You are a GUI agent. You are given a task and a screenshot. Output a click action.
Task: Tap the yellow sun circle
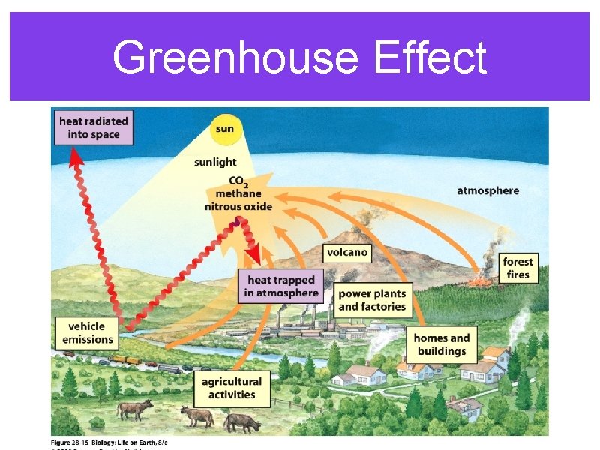[x=224, y=129]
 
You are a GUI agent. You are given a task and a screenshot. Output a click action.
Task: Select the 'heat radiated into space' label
[x=94, y=127]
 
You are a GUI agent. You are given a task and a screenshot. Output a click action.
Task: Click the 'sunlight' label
[x=215, y=162]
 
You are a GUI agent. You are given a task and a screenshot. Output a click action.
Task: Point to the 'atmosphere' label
[x=487, y=190]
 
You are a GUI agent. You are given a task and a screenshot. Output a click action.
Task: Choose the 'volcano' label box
[x=347, y=252]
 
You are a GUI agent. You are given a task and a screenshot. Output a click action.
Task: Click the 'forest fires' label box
[x=517, y=268]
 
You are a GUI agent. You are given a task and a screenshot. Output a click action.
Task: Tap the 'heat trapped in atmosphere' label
[x=281, y=286]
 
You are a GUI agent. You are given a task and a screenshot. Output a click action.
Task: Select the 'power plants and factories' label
[x=372, y=300]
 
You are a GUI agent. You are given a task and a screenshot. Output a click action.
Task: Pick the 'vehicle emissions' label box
[x=87, y=332]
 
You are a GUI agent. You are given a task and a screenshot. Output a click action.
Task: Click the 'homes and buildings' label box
[x=442, y=344]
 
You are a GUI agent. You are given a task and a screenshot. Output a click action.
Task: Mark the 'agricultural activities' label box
[x=232, y=388]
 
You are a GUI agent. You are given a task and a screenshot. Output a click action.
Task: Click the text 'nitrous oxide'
[x=238, y=206]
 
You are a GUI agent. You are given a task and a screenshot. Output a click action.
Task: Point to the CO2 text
[x=237, y=181]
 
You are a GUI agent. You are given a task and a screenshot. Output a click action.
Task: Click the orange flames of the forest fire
[x=477, y=282]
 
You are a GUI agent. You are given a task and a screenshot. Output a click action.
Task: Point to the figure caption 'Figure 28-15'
[x=75, y=442]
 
